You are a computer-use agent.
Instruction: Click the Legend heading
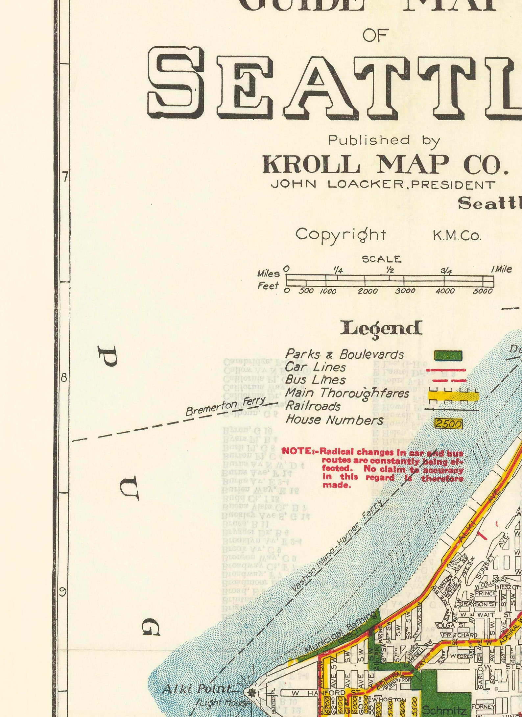(x=381, y=328)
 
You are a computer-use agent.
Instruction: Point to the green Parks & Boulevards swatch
(x=448, y=355)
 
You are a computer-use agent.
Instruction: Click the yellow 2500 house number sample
(x=449, y=424)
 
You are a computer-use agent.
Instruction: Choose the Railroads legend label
(x=313, y=406)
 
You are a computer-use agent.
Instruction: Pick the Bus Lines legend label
(x=315, y=380)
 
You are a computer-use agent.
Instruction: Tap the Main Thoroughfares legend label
(x=347, y=393)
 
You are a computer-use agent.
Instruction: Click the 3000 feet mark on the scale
(x=405, y=291)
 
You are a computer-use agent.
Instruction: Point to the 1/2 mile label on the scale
(x=390, y=270)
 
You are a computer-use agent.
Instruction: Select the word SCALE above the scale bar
(x=382, y=259)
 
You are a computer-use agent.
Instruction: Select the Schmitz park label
(x=444, y=709)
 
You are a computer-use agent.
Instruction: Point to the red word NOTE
(x=297, y=451)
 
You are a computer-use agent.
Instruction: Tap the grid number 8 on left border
(x=64, y=378)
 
